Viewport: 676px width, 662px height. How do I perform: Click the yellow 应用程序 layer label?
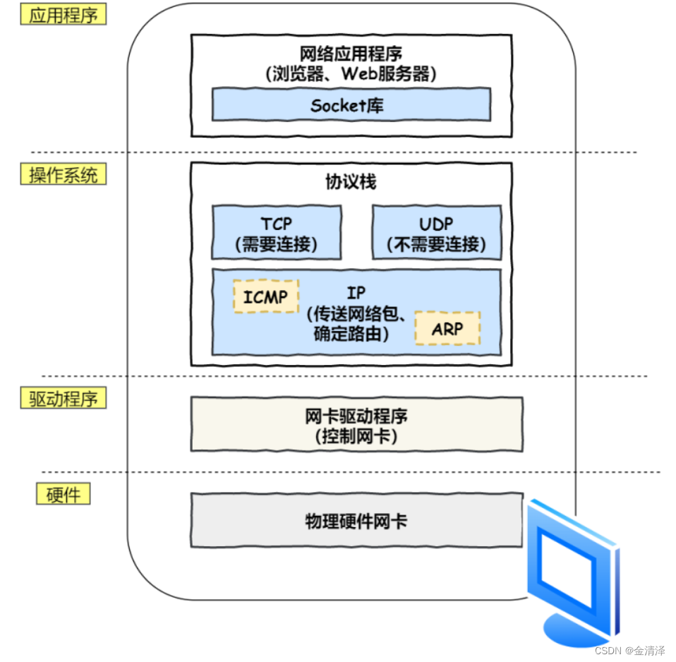coord(63,16)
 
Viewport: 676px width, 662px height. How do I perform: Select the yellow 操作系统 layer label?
coord(63,175)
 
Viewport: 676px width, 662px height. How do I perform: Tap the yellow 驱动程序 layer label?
coord(63,399)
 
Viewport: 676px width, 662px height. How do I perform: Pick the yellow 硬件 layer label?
coord(63,494)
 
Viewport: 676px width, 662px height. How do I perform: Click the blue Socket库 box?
coord(351,106)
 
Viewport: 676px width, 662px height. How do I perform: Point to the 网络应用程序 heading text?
coord(351,54)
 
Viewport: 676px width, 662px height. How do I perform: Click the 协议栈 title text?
coord(351,181)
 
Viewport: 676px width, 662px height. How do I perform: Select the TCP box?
coord(276,233)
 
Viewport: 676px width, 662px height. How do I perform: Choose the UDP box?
coord(436,233)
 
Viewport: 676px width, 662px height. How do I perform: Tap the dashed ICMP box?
coord(265,296)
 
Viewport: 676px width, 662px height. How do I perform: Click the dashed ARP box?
coord(447,329)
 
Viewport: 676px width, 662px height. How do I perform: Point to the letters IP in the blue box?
coord(356,293)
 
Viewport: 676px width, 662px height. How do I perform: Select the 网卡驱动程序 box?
coord(356,424)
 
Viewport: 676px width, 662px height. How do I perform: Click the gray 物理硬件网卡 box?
coord(356,521)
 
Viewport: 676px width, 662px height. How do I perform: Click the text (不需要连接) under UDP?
coord(436,245)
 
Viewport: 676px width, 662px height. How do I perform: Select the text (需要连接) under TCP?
coord(276,245)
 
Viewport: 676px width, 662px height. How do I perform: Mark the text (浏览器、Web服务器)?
coord(351,73)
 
